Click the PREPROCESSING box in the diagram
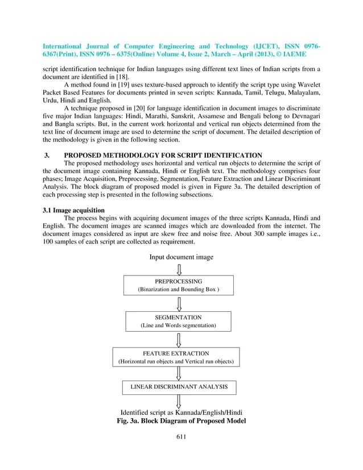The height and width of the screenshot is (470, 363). tap(179, 285)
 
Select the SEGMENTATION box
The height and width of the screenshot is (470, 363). tap(178, 321)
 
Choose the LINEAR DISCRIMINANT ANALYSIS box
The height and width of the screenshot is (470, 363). tap(179, 387)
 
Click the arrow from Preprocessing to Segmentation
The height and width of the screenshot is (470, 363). tap(179, 303)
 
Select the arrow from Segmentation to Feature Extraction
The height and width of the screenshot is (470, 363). tap(179, 339)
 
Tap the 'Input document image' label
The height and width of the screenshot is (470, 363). tap(181, 257)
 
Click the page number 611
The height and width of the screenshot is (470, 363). tap(181, 437)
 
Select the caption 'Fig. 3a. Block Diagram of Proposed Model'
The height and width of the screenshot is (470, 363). tap(180, 421)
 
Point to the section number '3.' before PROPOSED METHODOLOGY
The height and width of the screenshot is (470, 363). tap(47, 155)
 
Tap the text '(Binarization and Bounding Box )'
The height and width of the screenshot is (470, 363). tap(179, 290)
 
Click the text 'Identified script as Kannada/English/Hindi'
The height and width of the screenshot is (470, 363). tap(180, 412)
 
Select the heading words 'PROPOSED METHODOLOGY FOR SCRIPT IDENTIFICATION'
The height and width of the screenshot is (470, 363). tap(163, 155)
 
